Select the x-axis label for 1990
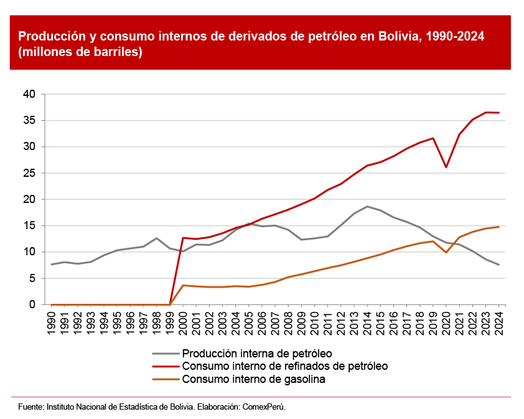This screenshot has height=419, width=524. (52, 322)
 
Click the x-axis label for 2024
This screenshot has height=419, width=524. (499, 322)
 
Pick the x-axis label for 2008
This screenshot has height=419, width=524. (288, 322)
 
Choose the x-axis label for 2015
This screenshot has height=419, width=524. (380, 322)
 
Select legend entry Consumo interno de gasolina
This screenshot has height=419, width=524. (253, 379)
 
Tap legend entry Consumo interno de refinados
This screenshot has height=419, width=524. (284, 366)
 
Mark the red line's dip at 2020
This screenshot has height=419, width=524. (446, 167)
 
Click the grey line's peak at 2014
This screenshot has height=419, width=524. (367, 206)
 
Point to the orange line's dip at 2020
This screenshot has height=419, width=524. (446, 252)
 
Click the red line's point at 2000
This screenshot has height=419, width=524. (183, 238)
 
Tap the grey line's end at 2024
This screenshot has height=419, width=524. (498, 265)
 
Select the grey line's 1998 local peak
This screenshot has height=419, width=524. (157, 238)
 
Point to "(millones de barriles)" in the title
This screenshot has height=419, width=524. (80, 52)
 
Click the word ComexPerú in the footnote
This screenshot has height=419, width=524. (263, 407)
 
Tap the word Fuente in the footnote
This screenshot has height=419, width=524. (30, 407)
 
